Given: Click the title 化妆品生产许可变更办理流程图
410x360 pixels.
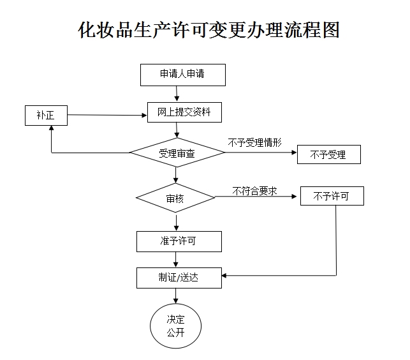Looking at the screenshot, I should click(x=208, y=31).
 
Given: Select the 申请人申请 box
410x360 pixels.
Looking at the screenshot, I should click(x=182, y=74).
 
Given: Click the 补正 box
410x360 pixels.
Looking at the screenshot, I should click(x=45, y=116).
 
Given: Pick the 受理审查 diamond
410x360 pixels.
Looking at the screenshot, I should click(x=177, y=153).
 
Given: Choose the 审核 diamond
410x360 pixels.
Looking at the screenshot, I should click(x=175, y=198).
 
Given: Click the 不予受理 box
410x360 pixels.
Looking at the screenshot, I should click(x=328, y=154).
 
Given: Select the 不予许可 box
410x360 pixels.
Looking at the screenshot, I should click(x=332, y=196).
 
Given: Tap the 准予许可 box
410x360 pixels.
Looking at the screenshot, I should click(x=179, y=241).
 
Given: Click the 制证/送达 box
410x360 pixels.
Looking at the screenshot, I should click(x=179, y=278).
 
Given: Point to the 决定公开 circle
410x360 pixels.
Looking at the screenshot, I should click(x=175, y=326).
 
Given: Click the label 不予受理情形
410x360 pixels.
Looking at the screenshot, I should click(x=254, y=142).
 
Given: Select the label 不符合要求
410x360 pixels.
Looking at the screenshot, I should click(x=254, y=190).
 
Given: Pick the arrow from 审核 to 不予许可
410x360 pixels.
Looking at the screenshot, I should click(x=258, y=197).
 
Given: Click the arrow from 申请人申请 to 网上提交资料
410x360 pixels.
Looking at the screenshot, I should click(x=177, y=93).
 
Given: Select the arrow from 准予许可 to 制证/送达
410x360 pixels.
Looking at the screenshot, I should click(x=176, y=260).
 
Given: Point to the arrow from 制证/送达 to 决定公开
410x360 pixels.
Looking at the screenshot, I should click(x=176, y=295).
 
